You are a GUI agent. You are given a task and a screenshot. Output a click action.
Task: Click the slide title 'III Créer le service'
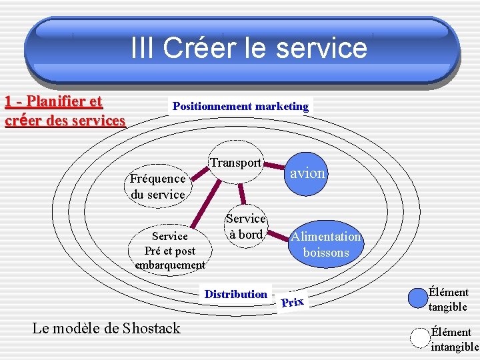click(x=249, y=48)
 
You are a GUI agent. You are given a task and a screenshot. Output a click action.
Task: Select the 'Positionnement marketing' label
click(x=241, y=106)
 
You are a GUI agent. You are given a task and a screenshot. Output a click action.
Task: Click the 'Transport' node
click(x=235, y=163)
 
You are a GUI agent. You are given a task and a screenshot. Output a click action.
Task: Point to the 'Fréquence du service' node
click(x=158, y=187)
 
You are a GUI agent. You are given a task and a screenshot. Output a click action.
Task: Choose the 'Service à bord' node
click(x=246, y=227)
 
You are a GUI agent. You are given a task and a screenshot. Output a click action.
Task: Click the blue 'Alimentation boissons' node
click(x=325, y=245)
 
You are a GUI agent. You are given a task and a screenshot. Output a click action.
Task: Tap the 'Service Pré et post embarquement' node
click(x=170, y=251)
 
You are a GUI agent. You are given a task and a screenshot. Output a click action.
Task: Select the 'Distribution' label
click(x=236, y=294)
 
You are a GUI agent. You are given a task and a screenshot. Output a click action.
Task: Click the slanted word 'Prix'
click(x=292, y=302)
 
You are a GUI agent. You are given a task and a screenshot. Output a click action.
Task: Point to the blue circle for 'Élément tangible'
click(x=417, y=297)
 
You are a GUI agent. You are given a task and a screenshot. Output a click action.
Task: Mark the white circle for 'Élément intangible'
click(x=419, y=337)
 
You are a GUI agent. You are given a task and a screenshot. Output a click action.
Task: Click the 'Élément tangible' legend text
click(x=448, y=299)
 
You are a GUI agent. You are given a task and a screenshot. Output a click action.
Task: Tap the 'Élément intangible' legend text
click(x=454, y=339)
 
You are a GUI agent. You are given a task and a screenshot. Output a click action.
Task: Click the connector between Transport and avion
click(x=275, y=169)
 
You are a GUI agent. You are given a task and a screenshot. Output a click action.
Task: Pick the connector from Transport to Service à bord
click(x=242, y=194)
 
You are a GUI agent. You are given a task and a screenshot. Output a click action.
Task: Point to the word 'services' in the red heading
click(x=95, y=121)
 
